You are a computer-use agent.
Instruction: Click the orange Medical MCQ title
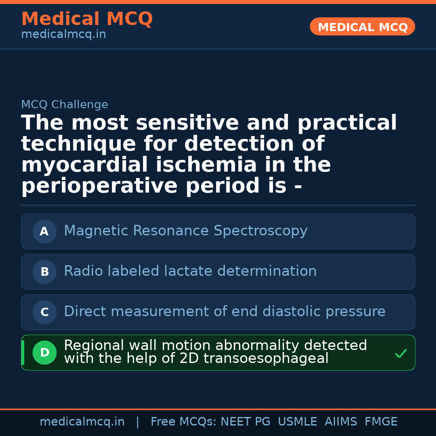pyautogui.click(x=87, y=19)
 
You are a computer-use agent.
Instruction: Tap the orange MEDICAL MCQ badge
pyautogui.click(x=363, y=27)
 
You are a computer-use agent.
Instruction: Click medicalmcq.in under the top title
pyautogui.click(x=63, y=35)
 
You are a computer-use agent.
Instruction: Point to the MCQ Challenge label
pyautogui.click(x=65, y=105)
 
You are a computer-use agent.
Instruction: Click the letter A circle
pyautogui.click(x=44, y=231)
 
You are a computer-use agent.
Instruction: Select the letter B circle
pyautogui.click(x=44, y=272)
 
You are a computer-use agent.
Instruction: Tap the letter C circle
pyautogui.click(x=44, y=312)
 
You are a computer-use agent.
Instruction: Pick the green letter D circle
pyautogui.click(x=44, y=352)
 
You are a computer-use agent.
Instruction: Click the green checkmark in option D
pyautogui.click(x=401, y=354)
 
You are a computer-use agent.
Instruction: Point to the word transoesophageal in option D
pyautogui.click(x=266, y=358)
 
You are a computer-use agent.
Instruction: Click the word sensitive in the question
pyautogui.click(x=188, y=123)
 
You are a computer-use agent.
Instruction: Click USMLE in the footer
pyautogui.click(x=297, y=422)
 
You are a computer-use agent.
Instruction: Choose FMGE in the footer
pyautogui.click(x=381, y=422)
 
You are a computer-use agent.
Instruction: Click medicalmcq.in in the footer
pyautogui.click(x=82, y=422)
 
